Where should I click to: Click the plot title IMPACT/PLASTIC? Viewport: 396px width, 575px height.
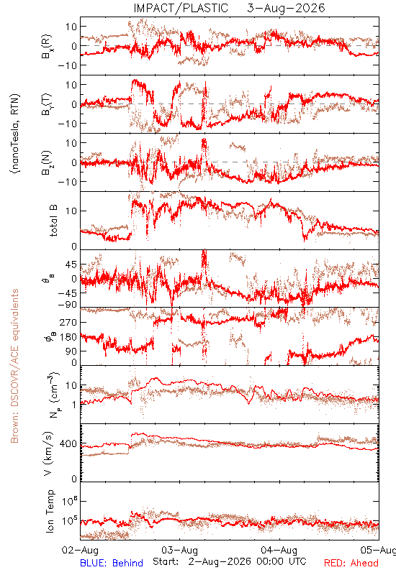coord(181,8)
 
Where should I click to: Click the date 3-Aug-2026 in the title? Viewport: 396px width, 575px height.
coord(286,8)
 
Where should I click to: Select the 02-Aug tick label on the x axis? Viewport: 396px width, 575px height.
coord(81,550)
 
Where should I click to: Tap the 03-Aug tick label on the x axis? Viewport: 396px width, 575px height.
coord(179,550)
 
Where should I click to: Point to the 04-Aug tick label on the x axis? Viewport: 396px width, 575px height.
coord(279,550)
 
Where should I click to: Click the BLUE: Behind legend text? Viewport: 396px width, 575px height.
coord(112,563)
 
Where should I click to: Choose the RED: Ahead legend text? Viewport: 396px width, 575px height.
coord(351,563)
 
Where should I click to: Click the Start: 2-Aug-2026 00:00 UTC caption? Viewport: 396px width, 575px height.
coord(230,561)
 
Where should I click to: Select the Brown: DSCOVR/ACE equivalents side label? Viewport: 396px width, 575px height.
coord(14,366)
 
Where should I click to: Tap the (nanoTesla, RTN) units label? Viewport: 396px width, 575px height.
coord(15,134)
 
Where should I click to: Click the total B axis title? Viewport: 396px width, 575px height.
coord(53,221)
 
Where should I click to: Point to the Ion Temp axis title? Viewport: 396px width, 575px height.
coord(50,511)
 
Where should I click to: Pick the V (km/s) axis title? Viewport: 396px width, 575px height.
coord(49,454)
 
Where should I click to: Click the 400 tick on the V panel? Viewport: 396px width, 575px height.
coord(68,444)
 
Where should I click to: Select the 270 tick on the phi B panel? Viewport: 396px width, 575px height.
coord(68,322)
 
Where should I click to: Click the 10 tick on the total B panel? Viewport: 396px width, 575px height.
coord(71,211)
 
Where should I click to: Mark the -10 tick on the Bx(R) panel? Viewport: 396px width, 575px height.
coord(67,65)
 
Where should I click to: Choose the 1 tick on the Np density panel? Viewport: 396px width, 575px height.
coord(75,405)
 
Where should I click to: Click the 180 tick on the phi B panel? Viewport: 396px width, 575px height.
coord(68,337)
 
